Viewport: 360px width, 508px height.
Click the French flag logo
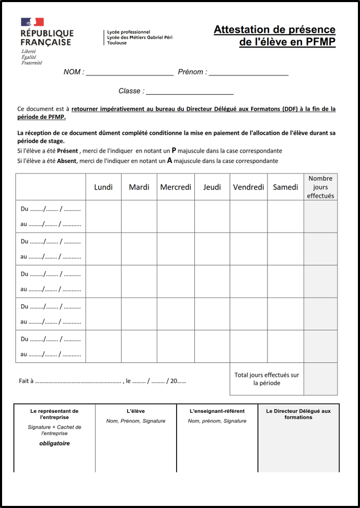[x=32, y=22]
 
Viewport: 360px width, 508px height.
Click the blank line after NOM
[x=130, y=73]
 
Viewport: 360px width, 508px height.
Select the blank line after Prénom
[x=248, y=73]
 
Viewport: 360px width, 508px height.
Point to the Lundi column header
[x=103, y=187]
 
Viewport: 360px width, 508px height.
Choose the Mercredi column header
[x=176, y=187]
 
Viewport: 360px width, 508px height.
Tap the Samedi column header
[x=285, y=187]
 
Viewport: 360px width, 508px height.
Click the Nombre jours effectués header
[x=320, y=187]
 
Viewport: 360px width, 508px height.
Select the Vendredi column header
[x=249, y=187]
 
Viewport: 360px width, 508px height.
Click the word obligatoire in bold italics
[x=54, y=443]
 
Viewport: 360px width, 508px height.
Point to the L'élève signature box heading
[x=136, y=411]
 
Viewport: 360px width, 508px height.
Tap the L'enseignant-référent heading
[x=217, y=411]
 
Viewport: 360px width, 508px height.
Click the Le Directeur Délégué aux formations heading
[x=298, y=414]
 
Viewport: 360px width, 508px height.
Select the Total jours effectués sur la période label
[x=266, y=379]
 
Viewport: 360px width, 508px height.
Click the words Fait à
[x=26, y=381]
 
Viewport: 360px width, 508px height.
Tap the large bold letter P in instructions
[x=174, y=150]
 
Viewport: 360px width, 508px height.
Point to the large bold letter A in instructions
[x=169, y=161]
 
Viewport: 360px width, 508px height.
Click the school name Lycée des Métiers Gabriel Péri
[x=140, y=37]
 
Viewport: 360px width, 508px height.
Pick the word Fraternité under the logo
[x=32, y=63]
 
